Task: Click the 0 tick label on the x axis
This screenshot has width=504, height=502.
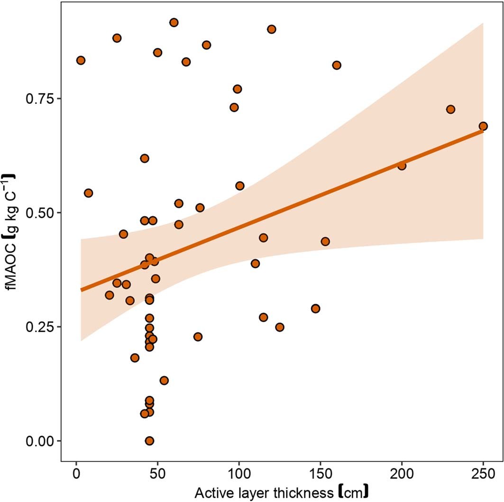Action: point(76,475)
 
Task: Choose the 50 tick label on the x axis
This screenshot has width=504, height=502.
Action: point(157,475)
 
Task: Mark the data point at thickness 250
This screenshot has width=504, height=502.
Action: point(483,126)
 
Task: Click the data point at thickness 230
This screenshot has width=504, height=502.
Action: point(450,110)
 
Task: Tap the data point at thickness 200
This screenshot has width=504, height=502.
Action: point(402,166)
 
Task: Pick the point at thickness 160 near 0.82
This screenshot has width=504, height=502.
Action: point(337,65)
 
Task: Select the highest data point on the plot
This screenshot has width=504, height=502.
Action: point(174,23)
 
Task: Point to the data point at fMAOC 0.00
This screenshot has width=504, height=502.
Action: point(149,441)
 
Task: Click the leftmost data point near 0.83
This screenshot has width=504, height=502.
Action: point(81,60)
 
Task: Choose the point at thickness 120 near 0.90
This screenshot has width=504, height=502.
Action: point(271,29)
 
